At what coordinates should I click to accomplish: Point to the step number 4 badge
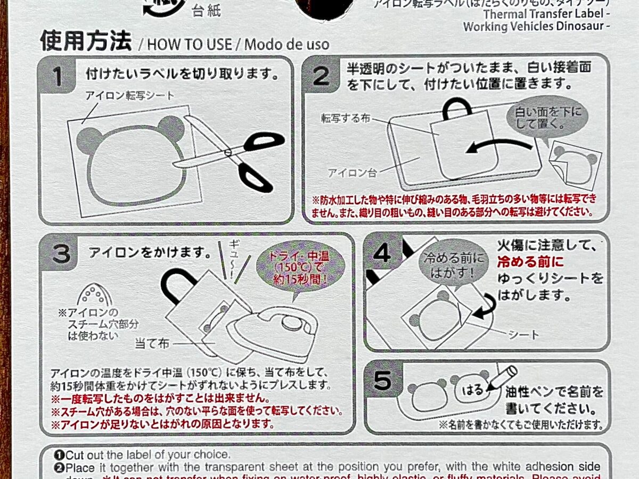click(382, 252)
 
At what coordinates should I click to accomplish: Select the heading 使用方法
click(85, 41)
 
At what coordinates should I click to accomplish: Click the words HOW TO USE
click(189, 44)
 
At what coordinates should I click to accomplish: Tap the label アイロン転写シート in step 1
click(130, 96)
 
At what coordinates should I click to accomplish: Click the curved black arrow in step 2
click(498, 146)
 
